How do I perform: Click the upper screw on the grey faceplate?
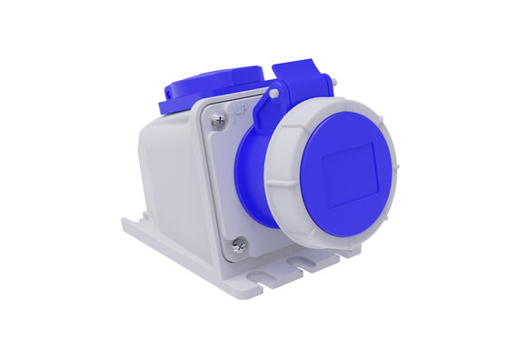pyautogui.click(x=218, y=119)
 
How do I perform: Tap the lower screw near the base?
pyautogui.click(x=239, y=244)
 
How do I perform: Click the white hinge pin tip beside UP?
pyautogui.click(x=273, y=93)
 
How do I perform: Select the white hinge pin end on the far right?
pyautogui.click(x=334, y=82)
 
